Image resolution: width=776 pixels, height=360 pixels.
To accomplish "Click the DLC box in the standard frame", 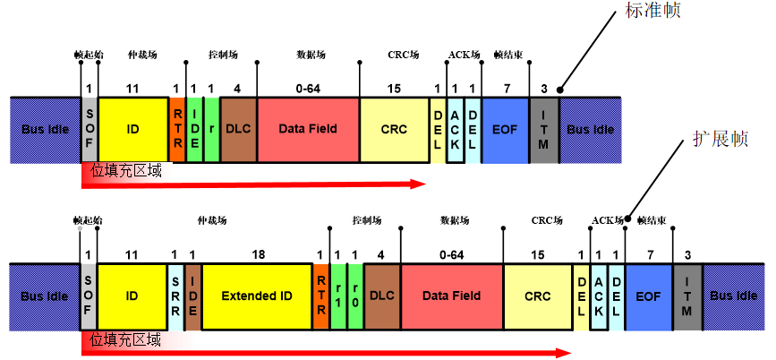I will (x=238, y=129).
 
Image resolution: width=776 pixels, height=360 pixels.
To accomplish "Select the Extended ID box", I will (x=258, y=296).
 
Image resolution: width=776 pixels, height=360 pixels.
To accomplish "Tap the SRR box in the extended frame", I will (x=176, y=296).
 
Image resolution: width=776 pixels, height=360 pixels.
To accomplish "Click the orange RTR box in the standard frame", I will (x=176, y=129).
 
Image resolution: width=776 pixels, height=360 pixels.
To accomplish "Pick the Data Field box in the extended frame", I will (x=452, y=296).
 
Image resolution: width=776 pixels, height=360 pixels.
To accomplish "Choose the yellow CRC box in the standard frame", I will (x=394, y=129).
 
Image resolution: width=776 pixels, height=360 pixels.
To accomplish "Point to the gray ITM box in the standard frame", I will (x=544, y=129).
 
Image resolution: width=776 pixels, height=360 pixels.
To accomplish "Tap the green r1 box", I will (x=338, y=296).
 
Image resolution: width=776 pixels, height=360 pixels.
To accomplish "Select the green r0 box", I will (x=354, y=296).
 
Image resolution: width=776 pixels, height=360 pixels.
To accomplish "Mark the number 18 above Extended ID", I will (x=259, y=255).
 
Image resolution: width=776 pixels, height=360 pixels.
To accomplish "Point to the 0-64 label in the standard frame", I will (x=307, y=88).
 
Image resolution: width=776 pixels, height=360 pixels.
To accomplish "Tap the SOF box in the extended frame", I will (x=89, y=296).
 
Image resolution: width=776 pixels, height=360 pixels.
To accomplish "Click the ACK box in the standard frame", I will (x=455, y=129).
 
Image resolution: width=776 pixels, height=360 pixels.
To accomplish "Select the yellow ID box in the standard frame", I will (x=132, y=129).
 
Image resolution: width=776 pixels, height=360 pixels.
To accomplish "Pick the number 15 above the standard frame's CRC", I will (x=394, y=88).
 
